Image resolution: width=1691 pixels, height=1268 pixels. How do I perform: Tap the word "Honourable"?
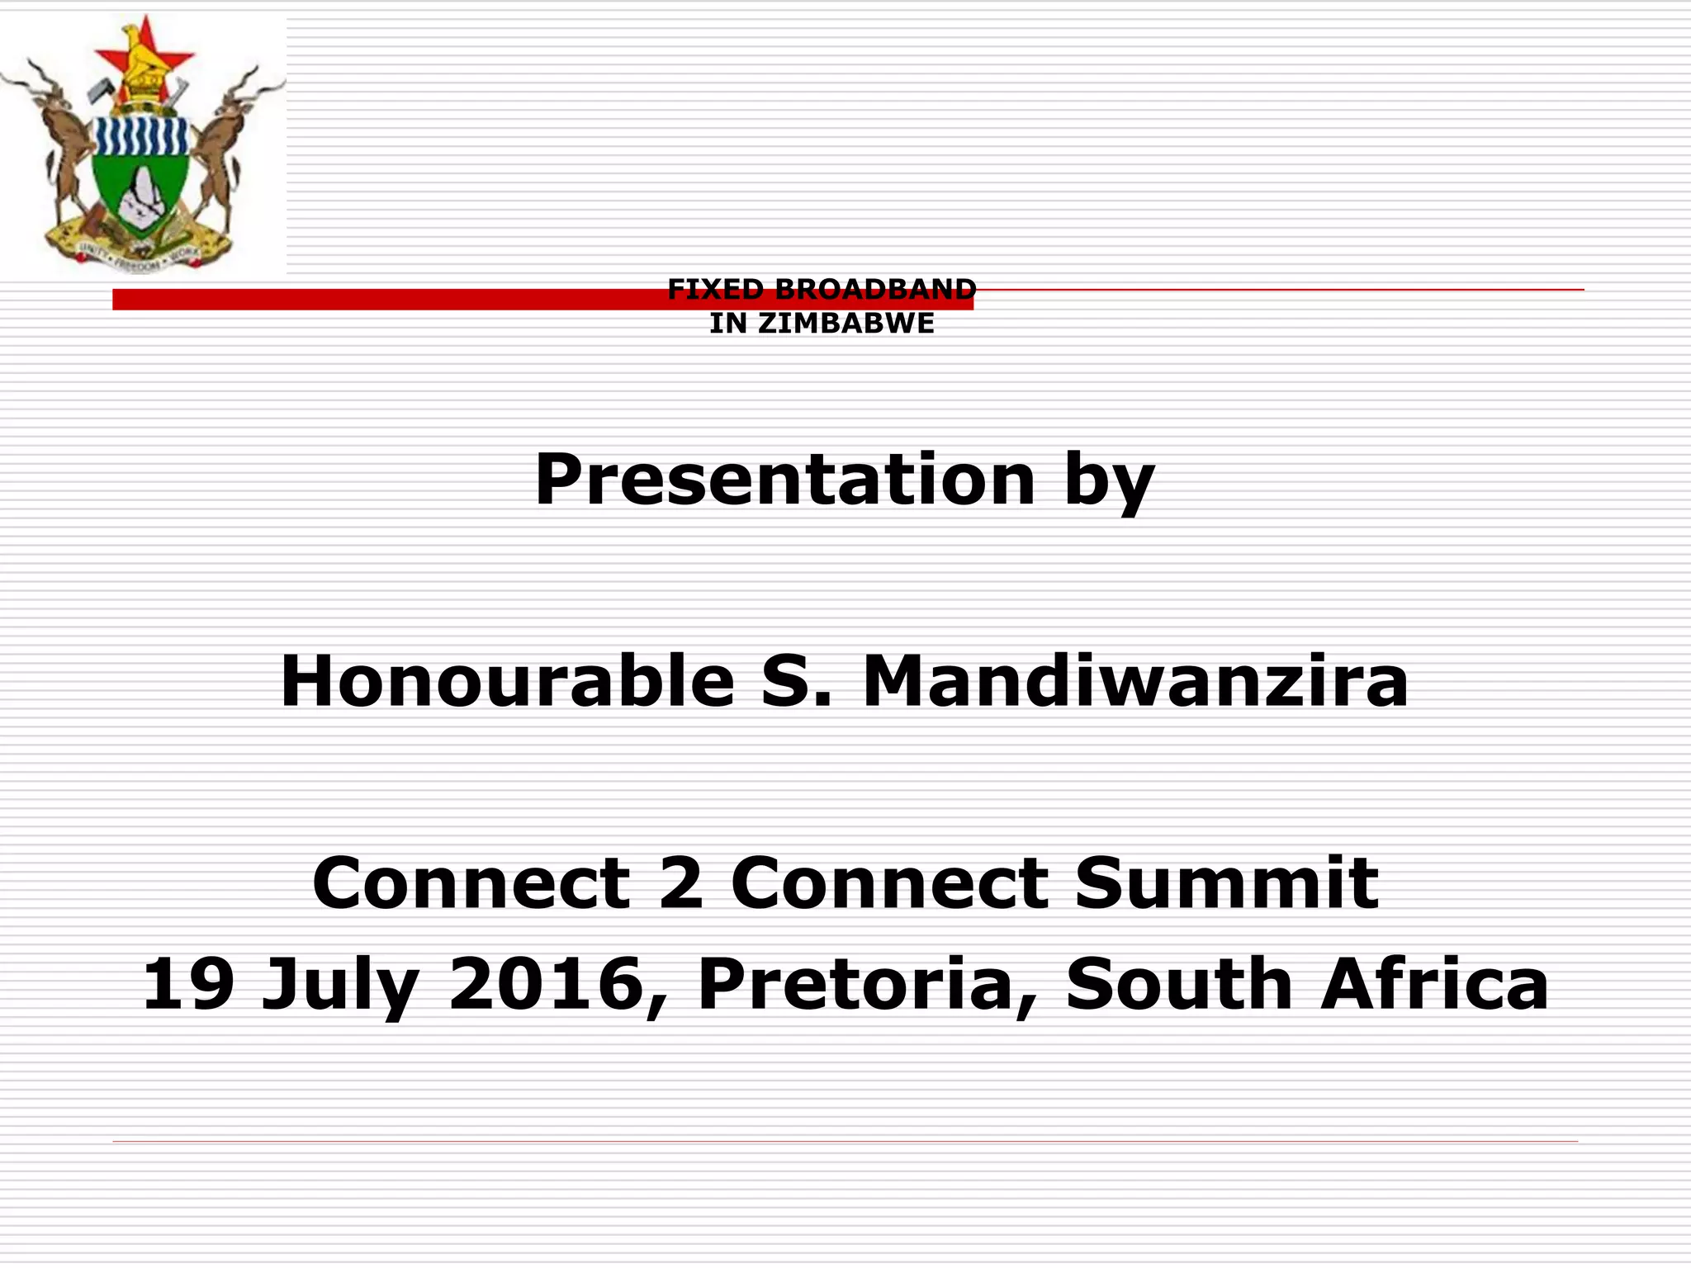507,681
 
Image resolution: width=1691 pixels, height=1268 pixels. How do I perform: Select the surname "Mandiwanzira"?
1134,681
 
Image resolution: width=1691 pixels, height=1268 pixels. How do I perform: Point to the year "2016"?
546,984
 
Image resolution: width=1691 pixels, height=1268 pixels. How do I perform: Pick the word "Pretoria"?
855,984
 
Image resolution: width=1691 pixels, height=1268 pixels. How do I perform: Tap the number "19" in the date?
188,984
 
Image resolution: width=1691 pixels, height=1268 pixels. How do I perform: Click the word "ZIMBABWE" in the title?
846,324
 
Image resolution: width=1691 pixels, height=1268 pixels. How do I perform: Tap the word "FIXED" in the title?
716,289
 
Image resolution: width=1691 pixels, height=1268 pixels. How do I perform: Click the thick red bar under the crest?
388,300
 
